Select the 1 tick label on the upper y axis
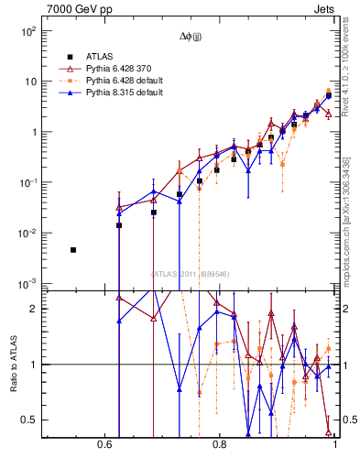pyautogui.click(x=33, y=132)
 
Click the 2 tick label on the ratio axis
pyautogui.click(x=33, y=309)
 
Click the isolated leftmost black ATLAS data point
pyautogui.click(x=73, y=250)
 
